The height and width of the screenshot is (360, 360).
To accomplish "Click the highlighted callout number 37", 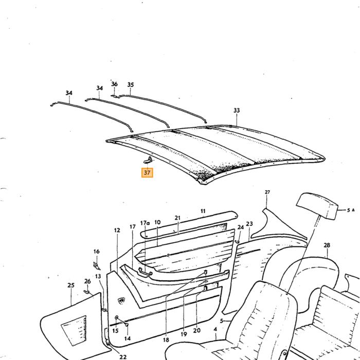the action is tap(147, 173).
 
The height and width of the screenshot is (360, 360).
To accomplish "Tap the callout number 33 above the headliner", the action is tap(237, 111).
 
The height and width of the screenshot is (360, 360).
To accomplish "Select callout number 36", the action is tap(114, 84).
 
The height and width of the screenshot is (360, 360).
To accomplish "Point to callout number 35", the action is tap(131, 85).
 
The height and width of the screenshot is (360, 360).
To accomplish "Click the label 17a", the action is tap(145, 223).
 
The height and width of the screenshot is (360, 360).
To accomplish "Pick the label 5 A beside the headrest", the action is tap(351, 210).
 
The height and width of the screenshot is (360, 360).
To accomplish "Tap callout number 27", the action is tap(267, 192).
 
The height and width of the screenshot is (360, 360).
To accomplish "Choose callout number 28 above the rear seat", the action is tap(327, 245).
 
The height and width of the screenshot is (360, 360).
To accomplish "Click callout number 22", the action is tap(123, 357).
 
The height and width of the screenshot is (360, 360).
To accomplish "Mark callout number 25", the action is tap(71, 285).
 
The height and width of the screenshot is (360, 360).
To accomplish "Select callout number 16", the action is tap(97, 251).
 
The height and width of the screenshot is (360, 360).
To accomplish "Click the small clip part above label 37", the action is tap(148, 160).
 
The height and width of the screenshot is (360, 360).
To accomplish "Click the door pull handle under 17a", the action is tap(145, 272).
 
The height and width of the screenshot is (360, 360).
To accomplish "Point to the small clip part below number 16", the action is tap(97, 266).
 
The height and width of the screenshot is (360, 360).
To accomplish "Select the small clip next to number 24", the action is tap(237, 242).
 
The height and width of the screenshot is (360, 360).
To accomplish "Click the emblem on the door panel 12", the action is tap(121, 300).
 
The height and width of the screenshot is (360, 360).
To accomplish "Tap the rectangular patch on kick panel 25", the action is tap(74, 331).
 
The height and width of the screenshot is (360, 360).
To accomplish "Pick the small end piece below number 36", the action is tap(114, 96).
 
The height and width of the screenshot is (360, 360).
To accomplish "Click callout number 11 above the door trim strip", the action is tap(203, 211).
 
